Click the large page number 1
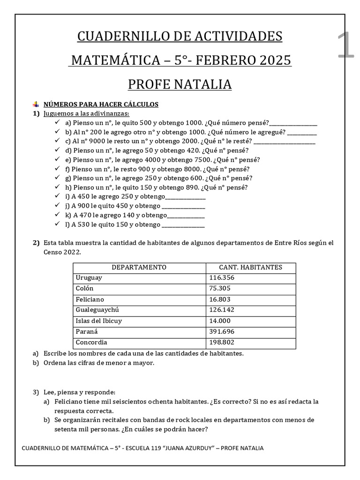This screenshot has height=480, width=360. [x=345, y=46]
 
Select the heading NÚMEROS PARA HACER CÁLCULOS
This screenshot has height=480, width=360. [x=101, y=105]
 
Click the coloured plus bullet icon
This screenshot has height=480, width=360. [x=36, y=105]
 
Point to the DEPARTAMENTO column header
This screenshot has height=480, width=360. [x=139, y=267]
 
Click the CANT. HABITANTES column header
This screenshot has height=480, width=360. [x=251, y=267]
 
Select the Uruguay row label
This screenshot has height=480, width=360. [x=89, y=278]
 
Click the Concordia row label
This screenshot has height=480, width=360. [x=91, y=343]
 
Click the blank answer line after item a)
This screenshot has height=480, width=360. [x=293, y=123]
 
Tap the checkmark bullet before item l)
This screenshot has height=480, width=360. [x=57, y=225]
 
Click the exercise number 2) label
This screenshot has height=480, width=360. [x=36, y=243]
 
